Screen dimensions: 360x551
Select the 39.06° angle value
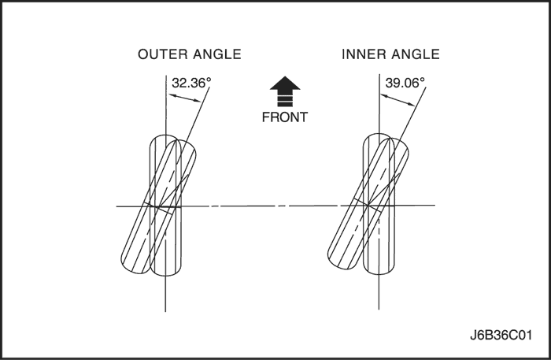[x=405, y=81]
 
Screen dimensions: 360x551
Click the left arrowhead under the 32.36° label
[x=169, y=96]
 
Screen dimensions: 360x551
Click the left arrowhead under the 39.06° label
[x=382, y=96]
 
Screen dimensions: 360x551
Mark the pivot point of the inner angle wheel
[x=378, y=206]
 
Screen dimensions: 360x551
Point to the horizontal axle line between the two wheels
[x=272, y=206]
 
